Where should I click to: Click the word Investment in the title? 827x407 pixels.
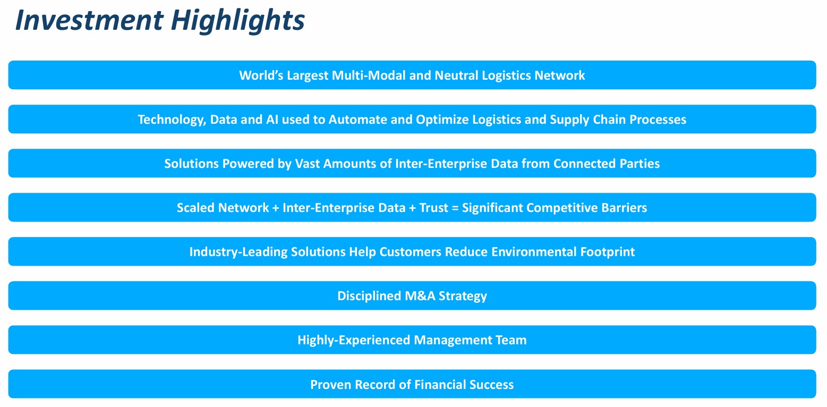tap(89, 20)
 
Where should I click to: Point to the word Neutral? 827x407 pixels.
tap(456, 75)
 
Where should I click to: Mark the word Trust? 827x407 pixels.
tap(434, 208)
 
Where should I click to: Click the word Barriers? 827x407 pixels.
tap(624, 208)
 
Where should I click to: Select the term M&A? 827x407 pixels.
tap(420, 296)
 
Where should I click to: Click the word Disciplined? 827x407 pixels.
tap(369, 296)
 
